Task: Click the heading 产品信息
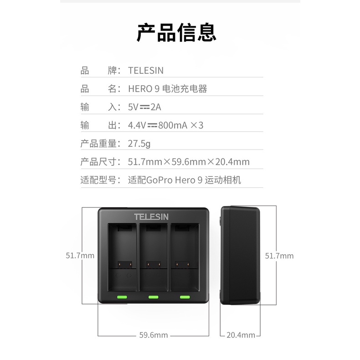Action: pyautogui.click(x=176, y=32)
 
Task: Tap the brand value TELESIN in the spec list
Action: pyautogui.click(x=146, y=71)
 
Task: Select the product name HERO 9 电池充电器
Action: pyautogui.click(x=168, y=89)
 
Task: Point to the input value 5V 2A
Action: pyautogui.click(x=144, y=107)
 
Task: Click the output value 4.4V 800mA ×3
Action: pyautogui.click(x=165, y=125)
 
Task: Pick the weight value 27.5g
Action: pyautogui.click(x=139, y=144)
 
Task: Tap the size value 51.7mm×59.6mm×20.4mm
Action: pyautogui.click(x=189, y=162)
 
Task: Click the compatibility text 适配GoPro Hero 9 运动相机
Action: pyautogui.click(x=185, y=180)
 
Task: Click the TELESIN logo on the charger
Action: pyautogui.click(x=151, y=217)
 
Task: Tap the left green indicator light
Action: pyautogui.click(x=122, y=297)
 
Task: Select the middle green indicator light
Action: pyautogui.click(x=154, y=297)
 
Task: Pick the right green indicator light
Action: pyautogui.click(x=185, y=297)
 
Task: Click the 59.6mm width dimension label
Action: pyautogui.click(x=154, y=335)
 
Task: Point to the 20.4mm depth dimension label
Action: pyautogui.click(x=241, y=335)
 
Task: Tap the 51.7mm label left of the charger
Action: pyautogui.click(x=80, y=256)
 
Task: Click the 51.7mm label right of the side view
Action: pyautogui.click(x=279, y=256)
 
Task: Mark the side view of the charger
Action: pyautogui.click(x=240, y=255)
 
